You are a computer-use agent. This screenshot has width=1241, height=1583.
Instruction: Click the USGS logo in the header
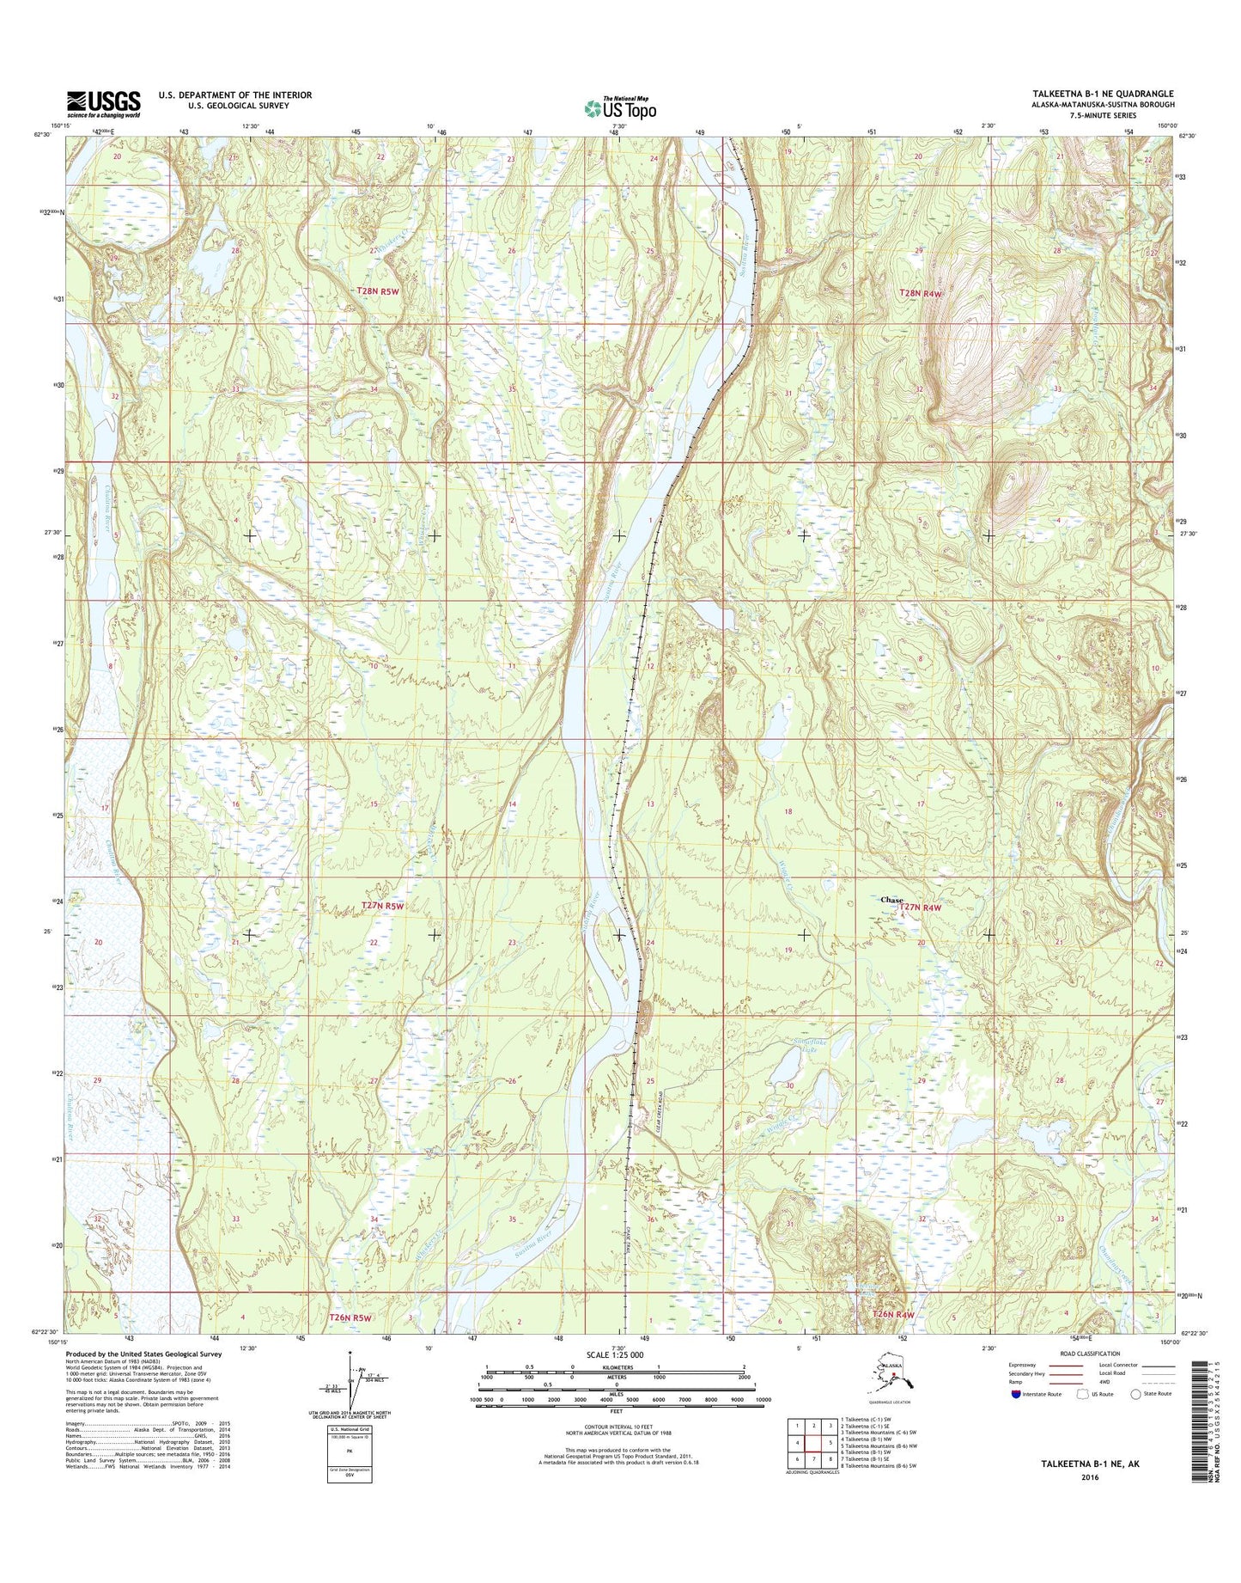[x=103, y=104]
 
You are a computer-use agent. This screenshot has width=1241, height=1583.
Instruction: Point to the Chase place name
[x=891, y=900]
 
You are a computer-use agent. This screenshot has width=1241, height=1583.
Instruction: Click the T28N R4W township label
[x=921, y=293]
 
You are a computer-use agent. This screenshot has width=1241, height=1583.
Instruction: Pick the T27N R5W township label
[x=382, y=906]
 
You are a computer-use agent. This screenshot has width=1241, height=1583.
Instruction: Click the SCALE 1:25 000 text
[x=614, y=1354]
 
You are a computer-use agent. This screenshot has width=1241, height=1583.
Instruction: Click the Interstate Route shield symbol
[x=1016, y=1394]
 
